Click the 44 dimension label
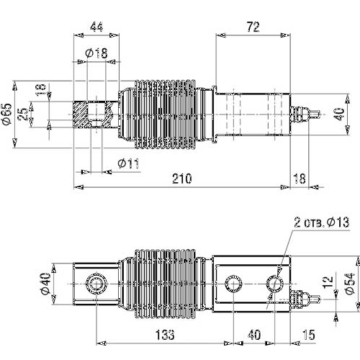point(96,27)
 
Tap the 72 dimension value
point(253,27)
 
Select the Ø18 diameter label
point(96,53)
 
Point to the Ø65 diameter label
point(6,114)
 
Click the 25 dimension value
point(24,114)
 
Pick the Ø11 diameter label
point(128,163)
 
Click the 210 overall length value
point(182,179)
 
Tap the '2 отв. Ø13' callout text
point(322,222)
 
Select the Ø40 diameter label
point(45,284)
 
